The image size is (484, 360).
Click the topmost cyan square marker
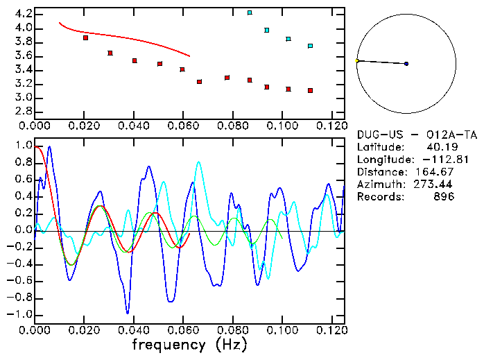250,12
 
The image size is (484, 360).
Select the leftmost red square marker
85,37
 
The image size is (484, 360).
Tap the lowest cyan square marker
310,46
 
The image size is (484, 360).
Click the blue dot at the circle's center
406,64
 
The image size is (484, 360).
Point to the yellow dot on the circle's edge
357,61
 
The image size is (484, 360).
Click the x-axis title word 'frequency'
170,344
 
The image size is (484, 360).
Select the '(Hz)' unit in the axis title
229,344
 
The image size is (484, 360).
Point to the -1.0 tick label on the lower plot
20,314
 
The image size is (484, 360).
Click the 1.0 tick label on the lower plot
23,146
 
